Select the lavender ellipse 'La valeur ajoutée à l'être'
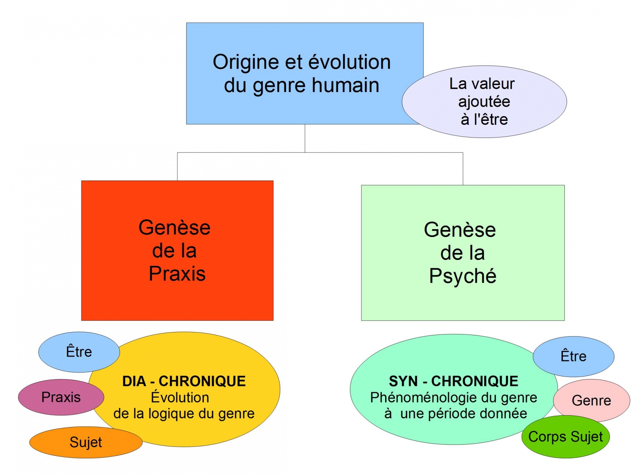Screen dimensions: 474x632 484,102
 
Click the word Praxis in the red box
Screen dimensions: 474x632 177,274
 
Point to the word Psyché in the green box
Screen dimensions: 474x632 463,276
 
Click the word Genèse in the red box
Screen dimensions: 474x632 175,228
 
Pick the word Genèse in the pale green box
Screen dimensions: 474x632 460,230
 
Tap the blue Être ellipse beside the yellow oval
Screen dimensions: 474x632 79,352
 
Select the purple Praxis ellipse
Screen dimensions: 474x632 61,397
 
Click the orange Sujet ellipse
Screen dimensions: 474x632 86,442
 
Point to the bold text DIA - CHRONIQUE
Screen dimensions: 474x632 184,381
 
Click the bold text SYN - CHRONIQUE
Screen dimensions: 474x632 453,381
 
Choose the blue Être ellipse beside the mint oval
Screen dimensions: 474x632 574,356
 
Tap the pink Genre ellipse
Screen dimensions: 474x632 591,401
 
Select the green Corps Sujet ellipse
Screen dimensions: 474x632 566,437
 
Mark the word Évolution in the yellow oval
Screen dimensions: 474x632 180,397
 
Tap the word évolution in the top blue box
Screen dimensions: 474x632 349,62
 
